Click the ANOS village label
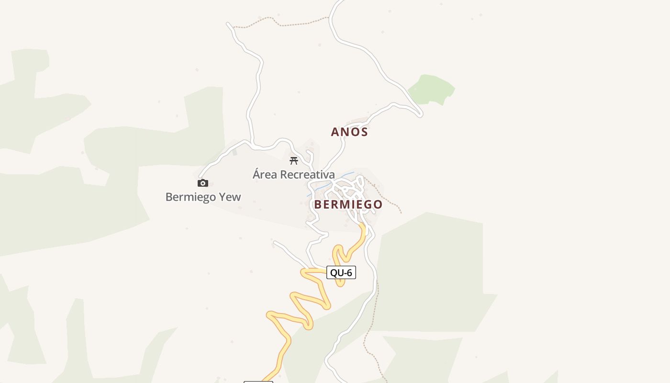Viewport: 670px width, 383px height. click(x=349, y=132)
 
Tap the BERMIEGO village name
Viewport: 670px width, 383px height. click(x=348, y=204)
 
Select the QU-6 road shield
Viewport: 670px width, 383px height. click(x=341, y=272)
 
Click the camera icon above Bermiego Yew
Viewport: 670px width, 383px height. click(x=203, y=183)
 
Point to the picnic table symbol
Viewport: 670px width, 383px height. click(x=294, y=161)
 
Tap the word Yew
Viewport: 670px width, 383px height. click(x=230, y=197)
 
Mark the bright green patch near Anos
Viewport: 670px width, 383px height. click(x=431, y=89)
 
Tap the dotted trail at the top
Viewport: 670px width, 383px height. click(x=282, y=23)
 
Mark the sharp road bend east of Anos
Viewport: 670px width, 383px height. click(x=421, y=114)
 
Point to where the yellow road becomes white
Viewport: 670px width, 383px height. click(x=363, y=225)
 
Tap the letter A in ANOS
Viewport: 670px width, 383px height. click(x=335, y=132)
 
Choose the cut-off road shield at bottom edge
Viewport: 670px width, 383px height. click(x=258, y=382)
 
